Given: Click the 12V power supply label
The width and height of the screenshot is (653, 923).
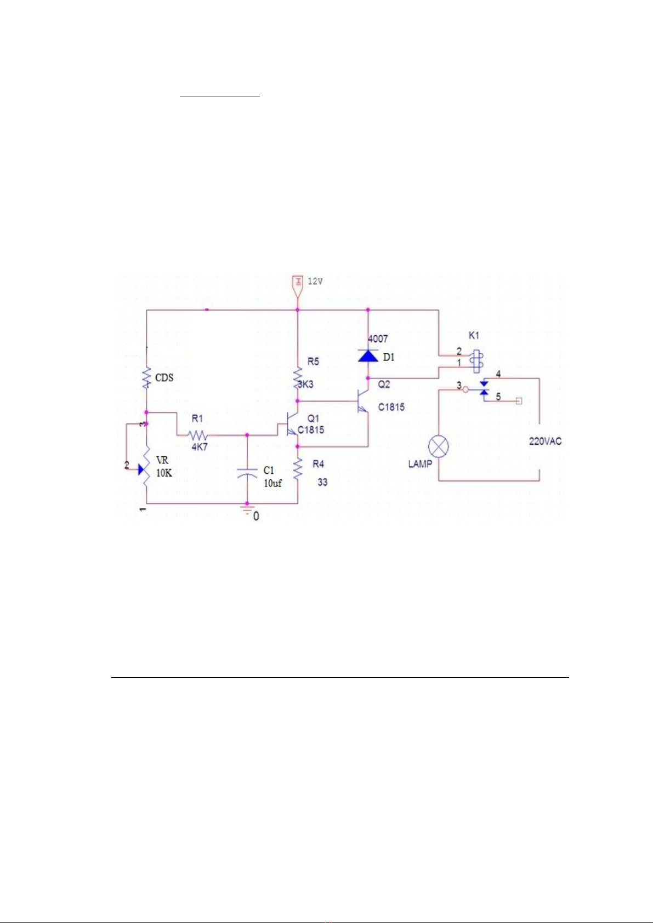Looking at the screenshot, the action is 315,282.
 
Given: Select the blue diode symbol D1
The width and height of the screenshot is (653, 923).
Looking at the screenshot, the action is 368,356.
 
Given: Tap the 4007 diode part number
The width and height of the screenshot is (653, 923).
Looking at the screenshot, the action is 378,339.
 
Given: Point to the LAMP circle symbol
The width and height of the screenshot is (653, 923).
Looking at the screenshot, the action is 438,446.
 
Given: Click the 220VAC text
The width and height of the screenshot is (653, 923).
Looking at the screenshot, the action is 545,442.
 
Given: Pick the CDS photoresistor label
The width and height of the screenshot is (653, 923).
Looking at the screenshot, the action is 164,378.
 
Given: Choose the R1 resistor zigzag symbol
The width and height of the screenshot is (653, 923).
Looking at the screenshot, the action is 197,435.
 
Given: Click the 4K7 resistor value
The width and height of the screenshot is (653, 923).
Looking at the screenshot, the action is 199,446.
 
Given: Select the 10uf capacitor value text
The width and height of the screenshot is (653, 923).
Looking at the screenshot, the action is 272,483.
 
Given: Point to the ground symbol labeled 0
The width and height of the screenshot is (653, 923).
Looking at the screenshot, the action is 247,511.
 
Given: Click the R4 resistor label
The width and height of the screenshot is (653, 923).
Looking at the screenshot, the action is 318,464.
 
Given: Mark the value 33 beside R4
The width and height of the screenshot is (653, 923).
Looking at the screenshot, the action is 322,482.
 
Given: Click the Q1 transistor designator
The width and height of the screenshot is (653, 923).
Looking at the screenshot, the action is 313,418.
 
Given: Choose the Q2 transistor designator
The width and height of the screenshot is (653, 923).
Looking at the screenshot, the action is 384,384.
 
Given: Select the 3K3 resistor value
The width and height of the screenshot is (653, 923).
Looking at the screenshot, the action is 306,385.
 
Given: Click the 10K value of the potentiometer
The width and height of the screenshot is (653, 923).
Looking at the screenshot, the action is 164,473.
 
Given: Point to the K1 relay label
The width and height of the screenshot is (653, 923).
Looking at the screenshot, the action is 474,335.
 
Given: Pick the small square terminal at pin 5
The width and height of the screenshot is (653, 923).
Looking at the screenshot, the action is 519,401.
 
